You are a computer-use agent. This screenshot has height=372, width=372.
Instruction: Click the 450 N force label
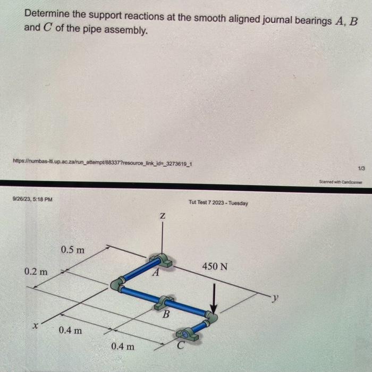click(215, 266)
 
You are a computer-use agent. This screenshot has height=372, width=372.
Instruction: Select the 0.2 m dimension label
click(36, 272)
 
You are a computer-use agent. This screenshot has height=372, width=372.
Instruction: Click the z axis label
click(162, 217)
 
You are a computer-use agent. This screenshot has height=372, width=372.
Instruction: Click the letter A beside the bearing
click(156, 274)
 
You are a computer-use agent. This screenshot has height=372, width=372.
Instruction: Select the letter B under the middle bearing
click(166, 315)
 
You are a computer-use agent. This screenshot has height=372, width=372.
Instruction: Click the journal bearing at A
click(163, 260)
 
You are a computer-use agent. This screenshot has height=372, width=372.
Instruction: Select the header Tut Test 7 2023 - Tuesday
click(218, 202)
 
